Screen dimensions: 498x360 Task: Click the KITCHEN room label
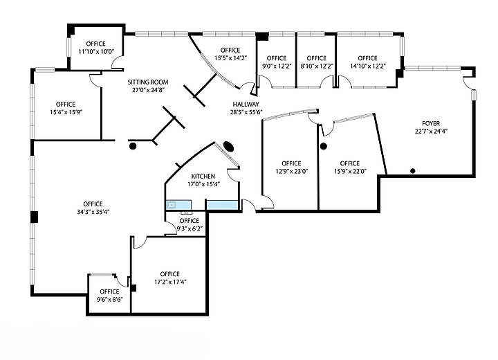point(203,176)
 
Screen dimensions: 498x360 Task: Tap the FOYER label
point(431,123)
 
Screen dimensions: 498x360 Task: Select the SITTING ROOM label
point(148,82)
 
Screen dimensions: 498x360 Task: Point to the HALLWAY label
point(246,104)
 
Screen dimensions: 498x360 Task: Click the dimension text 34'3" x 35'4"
point(93,212)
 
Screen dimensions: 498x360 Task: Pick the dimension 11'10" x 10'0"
point(96,51)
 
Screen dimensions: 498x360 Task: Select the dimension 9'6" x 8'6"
point(109,300)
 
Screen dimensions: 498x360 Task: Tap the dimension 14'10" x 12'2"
point(368,66)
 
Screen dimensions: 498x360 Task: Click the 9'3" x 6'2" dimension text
point(190,228)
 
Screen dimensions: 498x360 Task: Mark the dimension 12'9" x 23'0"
point(292,171)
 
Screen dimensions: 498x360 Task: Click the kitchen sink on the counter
point(172,205)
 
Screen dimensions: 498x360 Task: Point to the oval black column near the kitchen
point(228,147)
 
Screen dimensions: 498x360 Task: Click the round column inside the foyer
point(413,171)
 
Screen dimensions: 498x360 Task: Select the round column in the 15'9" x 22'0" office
point(324,146)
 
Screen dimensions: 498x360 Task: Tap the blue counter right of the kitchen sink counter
point(222,205)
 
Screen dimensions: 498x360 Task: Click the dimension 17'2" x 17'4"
point(170,282)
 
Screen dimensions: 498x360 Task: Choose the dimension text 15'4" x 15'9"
point(66,112)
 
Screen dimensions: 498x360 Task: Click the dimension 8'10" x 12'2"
point(317,66)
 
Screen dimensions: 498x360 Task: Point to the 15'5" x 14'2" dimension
point(230,58)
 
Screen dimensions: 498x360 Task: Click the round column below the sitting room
point(133,146)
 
